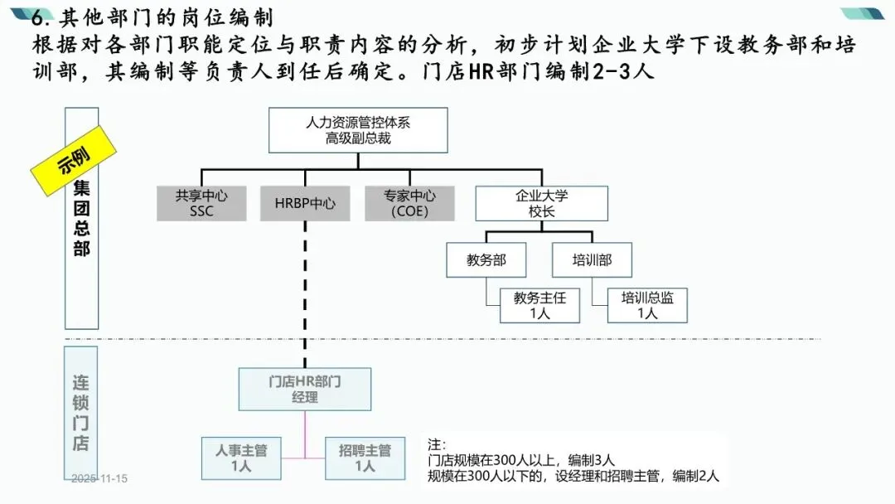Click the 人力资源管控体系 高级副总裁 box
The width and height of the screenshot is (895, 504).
pyautogui.click(x=357, y=130)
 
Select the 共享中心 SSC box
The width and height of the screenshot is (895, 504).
pyautogui.click(x=201, y=203)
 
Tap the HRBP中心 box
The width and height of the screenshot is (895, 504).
pyautogui.click(x=305, y=203)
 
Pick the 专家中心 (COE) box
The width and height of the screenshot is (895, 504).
pyautogui.click(x=409, y=203)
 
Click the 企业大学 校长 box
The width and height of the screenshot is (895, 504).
pyautogui.click(x=541, y=203)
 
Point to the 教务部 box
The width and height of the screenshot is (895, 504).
pyautogui.click(x=486, y=259)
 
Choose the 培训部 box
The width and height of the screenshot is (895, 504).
pyautogui.click(x=592, y=259)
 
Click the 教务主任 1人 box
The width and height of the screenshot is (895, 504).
pyautogui.click(x=539, y=305)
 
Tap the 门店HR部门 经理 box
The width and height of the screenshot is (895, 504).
pyautogui.click(x=305, y=389)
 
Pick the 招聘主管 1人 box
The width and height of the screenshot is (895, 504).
pyautogui.click(x=365, y=458)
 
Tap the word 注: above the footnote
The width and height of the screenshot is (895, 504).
pyautogui.click(x=437, y=444)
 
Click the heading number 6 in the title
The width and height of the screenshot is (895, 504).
pyautogui.click(x=36, y=17)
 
